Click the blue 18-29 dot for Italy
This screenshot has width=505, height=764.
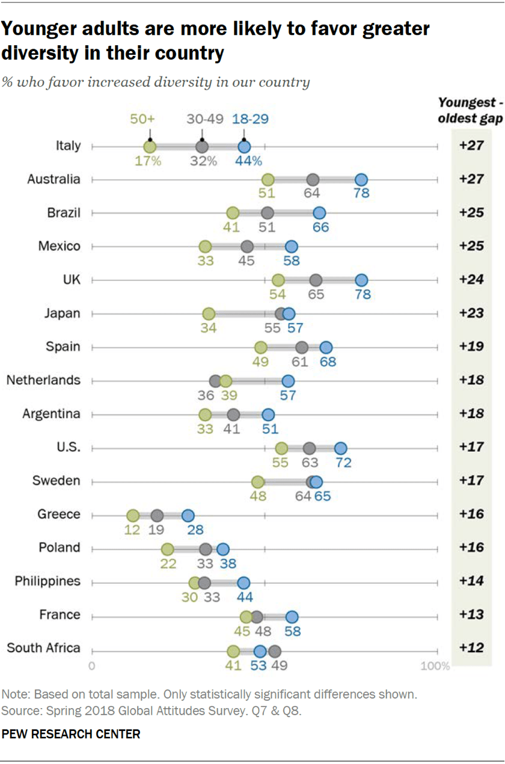point(244,146)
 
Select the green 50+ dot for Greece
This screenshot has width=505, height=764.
point(133,516)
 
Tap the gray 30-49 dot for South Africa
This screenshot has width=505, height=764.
point(275,651)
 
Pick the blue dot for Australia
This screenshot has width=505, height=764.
point(361,179)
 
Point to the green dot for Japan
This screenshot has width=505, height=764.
point(209,313)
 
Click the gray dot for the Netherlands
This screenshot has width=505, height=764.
point(215,381)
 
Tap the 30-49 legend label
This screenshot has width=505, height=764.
point(201,119)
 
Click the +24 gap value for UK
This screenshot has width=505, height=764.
point(476,280)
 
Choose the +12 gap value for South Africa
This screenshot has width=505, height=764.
point(476,648)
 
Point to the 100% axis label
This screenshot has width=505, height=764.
point(435,666)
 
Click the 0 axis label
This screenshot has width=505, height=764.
point(92,666)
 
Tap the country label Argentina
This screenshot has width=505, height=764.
point(51,414)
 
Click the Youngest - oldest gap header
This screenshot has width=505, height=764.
point(477,110)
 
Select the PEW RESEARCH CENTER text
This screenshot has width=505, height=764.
point(72,735)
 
